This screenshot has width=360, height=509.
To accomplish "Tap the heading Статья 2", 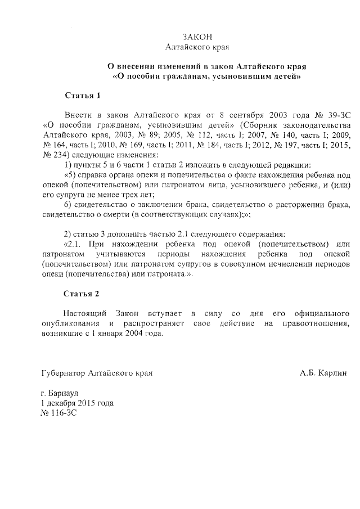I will [82, 294].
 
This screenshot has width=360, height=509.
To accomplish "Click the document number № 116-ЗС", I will [58, 413].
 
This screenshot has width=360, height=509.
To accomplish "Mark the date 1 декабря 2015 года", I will [77, 403].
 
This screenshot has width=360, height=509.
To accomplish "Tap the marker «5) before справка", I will [70, 175].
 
